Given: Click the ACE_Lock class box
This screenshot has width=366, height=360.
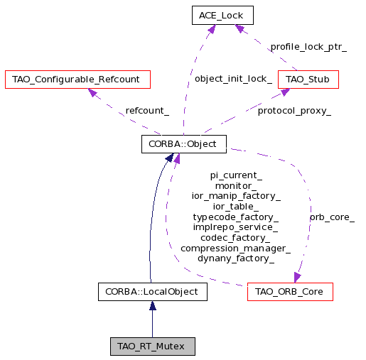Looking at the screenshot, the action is tap(222, 15).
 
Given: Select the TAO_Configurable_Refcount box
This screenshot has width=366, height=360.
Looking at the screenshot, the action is tap(77, 80).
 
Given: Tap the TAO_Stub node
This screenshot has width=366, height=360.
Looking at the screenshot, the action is tap(308, 80).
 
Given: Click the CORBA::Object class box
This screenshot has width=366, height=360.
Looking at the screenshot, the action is tap(184, 144).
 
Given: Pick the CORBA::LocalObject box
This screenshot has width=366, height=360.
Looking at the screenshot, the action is tap(153, 292).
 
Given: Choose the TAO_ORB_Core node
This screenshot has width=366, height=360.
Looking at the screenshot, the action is tap(290, 292).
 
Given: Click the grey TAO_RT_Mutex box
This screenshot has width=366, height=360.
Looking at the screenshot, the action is tap(153, 347).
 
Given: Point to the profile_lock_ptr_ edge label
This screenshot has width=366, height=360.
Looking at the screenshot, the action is tap(308, 47).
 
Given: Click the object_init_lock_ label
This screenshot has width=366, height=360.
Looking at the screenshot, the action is tap(233, 79).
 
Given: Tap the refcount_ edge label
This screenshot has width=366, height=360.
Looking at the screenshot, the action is tap(147, 111).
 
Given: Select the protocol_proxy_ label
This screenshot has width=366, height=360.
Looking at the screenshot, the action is tap(294, 111).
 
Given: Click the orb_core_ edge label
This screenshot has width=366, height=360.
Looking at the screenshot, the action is tap(332, 217).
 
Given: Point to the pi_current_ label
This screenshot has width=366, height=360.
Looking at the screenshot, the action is tap(236, 175).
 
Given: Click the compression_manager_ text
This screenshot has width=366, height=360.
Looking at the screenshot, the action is tap(235, 249).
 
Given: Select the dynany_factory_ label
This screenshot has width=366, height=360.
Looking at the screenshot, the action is tap(236, 258).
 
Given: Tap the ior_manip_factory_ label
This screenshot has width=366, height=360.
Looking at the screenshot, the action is tap(236, 196).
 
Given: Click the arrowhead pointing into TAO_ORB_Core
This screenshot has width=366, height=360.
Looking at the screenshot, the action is tap(297, 278).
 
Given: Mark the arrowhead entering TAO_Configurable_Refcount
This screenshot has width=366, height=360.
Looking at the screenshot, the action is tap(92, 92).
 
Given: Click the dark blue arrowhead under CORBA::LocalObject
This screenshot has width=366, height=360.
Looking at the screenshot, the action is tap(153, 306).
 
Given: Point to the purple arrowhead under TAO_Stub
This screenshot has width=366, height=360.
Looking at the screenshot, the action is tap(286, 92).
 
